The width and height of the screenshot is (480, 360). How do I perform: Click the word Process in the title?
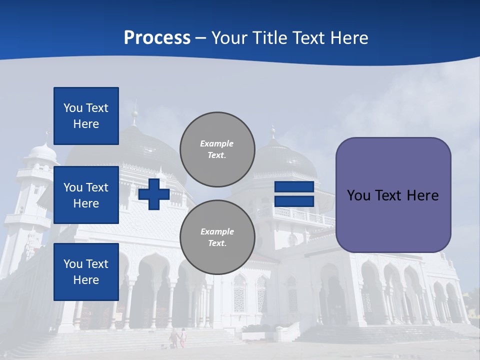coord(157,38)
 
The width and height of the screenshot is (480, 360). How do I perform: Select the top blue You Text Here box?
coord(86,116)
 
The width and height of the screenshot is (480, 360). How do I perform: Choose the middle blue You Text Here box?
coord(86,195)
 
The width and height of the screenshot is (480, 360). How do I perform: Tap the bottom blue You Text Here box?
coord(86,271)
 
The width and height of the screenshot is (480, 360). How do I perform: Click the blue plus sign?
coord(154,194)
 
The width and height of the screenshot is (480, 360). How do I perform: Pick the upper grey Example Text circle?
coord(217,149)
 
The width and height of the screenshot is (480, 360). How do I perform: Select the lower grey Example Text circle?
coord(217,237)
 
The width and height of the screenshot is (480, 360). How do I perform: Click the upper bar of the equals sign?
coord(294,187)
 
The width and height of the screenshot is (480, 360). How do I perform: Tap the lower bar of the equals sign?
coord(294,201)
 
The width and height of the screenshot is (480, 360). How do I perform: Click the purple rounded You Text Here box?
coord(393,195)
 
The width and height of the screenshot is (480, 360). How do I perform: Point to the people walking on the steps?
coord(178,338)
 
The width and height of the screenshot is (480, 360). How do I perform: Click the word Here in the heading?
coord(349,38)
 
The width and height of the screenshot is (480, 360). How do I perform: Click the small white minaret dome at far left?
coord(42,151)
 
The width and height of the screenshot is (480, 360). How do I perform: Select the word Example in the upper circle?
coord(216,143)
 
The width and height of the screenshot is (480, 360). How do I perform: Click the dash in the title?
coord(201,38)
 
